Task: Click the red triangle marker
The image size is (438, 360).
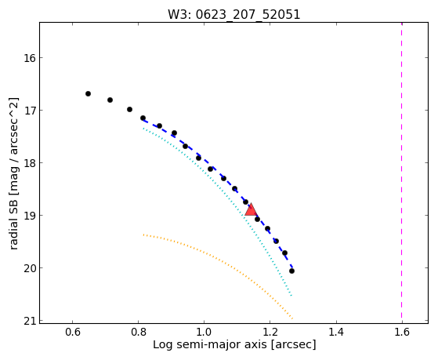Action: point(251,209)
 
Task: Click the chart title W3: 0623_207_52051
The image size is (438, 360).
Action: point(234,14)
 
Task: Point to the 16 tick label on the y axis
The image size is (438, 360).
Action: point(30,58)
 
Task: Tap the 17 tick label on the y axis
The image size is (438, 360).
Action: point(30,111)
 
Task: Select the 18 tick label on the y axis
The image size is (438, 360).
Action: point(30,163)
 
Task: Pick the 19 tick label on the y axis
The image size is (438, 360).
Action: point(30,216)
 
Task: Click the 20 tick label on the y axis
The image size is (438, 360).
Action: point(30,268)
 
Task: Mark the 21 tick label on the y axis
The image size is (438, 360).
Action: point(30,321)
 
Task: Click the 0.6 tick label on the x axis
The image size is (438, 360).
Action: point(73,332)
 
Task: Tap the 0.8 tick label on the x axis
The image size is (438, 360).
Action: point(138,332)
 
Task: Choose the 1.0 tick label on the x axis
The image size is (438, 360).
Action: point(205,332)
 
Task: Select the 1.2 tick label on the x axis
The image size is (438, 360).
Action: point(270,332)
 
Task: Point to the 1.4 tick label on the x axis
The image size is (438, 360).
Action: point(336,332)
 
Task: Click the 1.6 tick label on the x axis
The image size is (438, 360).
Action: point(402,332)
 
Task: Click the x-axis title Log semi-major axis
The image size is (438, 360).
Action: point(210,344)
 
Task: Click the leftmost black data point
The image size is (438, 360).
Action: point(88,93)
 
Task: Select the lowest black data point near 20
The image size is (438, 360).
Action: point(291,271)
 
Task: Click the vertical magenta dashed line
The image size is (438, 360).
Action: point(402,173)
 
